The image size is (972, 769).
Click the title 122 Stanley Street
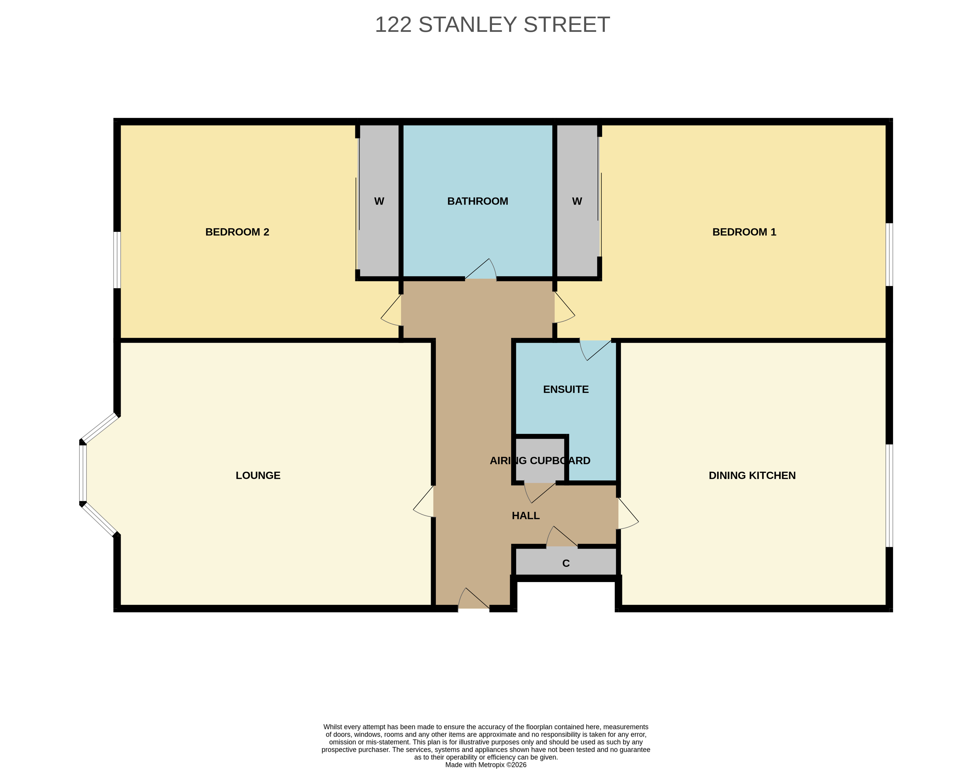[492, 25]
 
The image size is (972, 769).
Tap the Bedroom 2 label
[237, 232]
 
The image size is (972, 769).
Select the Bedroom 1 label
[744, 232]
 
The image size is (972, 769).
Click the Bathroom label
[478, 201]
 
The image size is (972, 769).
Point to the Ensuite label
[566, 389]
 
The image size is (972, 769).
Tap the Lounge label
[258, 475]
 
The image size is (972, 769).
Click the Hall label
[526, 516]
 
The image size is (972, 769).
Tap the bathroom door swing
[481, 269]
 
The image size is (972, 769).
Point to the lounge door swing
[424, 501]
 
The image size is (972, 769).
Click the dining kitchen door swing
[628, 513]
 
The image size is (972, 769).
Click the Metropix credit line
[486, 765]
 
